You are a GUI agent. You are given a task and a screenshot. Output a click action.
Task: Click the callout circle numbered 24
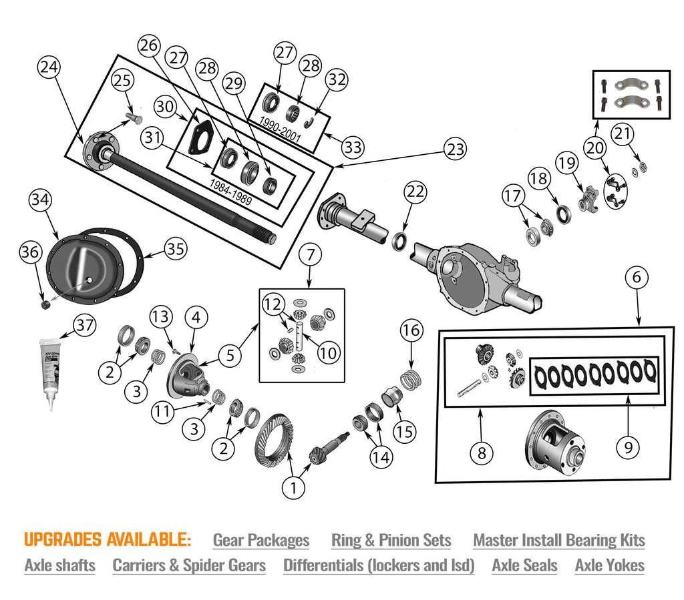click(x=49, y=67)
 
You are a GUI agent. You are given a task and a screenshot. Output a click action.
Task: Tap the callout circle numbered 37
click(x=84, y=326)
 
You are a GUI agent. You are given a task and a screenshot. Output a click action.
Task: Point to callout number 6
click(x=637, y=276)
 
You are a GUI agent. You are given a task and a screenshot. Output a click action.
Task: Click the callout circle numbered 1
click(x=292, y=487)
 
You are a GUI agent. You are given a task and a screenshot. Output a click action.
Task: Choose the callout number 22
click(x=415, y=192)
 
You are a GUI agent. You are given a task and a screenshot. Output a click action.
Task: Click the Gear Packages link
click(x=261, y=540)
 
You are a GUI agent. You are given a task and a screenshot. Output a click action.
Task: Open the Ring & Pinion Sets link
click(x=391, y=540)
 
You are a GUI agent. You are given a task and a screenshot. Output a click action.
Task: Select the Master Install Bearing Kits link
click(x=558, y=540)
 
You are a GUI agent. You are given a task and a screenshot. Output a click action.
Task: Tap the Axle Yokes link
click(x=609, y=565)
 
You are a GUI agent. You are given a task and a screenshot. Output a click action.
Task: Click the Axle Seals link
click(x=524, y=565)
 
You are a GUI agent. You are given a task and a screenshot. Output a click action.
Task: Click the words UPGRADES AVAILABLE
click(x=108, y=539)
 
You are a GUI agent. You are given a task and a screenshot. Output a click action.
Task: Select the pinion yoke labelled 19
click(x=588, y=199)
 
